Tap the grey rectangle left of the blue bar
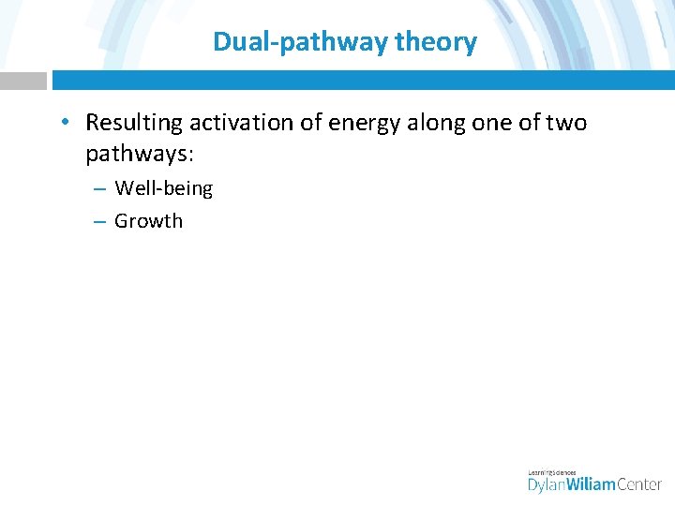click(x=22, y=81)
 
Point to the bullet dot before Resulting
click(x=62, y=124)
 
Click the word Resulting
click(x=133, y=123)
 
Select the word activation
click(x=235, y=123)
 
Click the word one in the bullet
click(x=495, y=123)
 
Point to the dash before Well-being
click(x=98, y=189)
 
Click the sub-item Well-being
click(x=163, y=188)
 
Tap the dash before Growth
click(x=98, y=222)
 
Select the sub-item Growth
click(x=148, y=221)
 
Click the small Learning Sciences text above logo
click(x=553, y=471)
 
